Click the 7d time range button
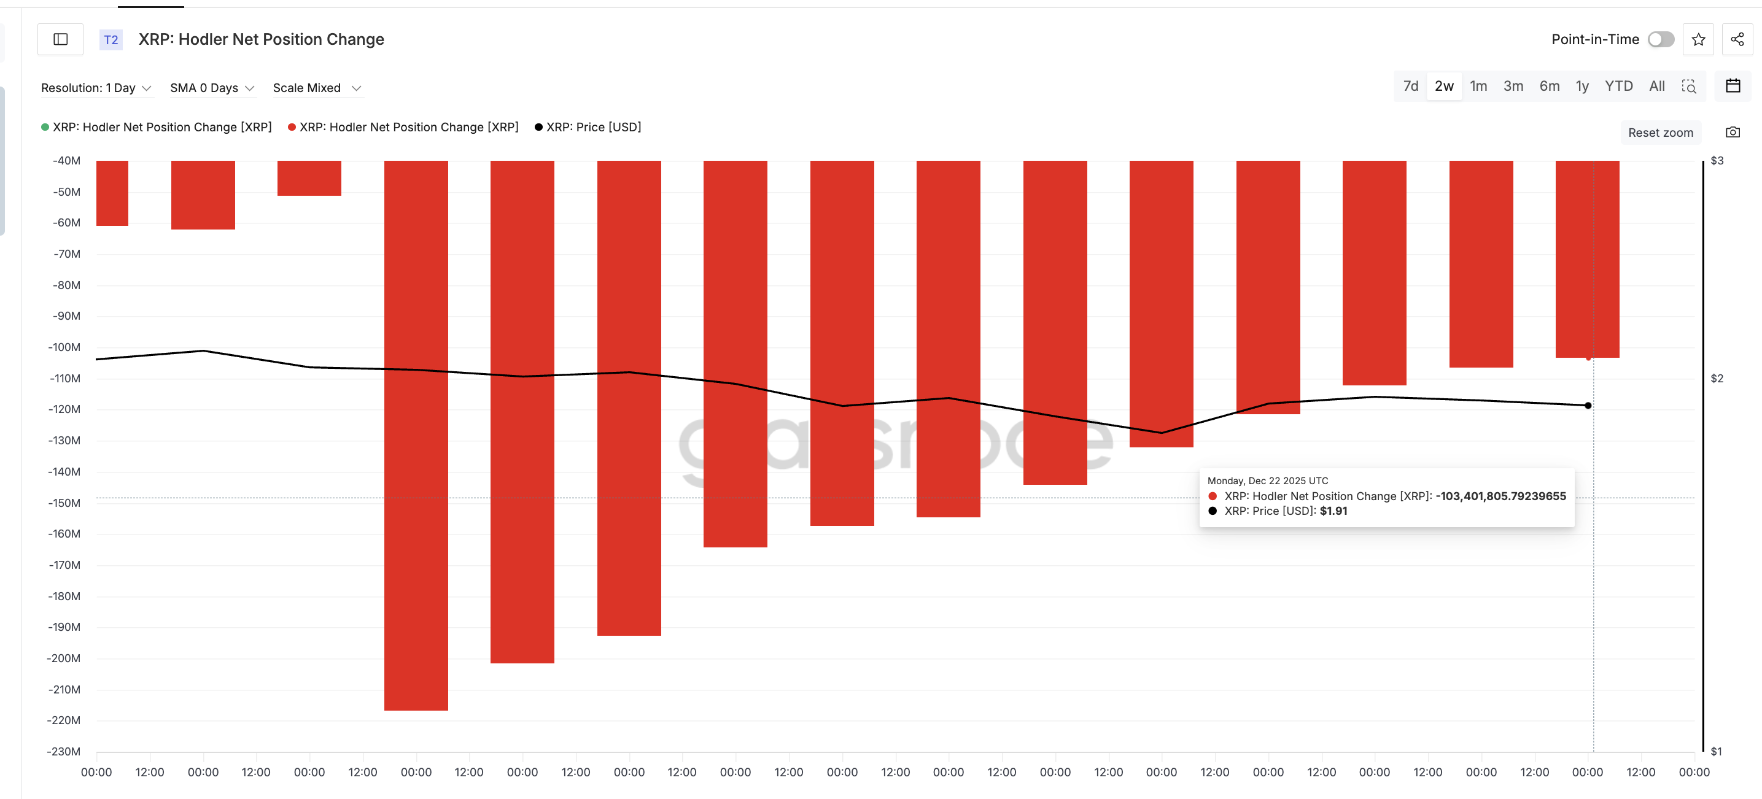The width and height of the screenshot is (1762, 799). (1410, 86)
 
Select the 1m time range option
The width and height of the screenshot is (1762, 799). (1478, 86)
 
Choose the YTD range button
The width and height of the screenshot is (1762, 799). (1618, 86)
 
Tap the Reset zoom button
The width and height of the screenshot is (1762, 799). (1660, 133)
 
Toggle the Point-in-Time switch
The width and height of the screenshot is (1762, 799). (1660, 40)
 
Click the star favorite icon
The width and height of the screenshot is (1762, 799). (1698, 40)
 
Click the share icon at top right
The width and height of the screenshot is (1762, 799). (1737, 40)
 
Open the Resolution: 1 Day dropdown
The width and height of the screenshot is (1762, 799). (96, 88)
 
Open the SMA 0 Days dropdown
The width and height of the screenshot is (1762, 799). (212, 88)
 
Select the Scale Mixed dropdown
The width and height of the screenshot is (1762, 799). (317, 88)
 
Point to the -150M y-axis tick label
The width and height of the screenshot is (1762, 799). (65, 503)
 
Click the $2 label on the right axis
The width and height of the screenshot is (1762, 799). (1717, 379)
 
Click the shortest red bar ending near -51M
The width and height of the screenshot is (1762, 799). (309, 178)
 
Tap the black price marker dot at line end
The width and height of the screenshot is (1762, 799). (1588, 405)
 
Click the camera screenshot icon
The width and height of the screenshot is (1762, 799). (1733, 133)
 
